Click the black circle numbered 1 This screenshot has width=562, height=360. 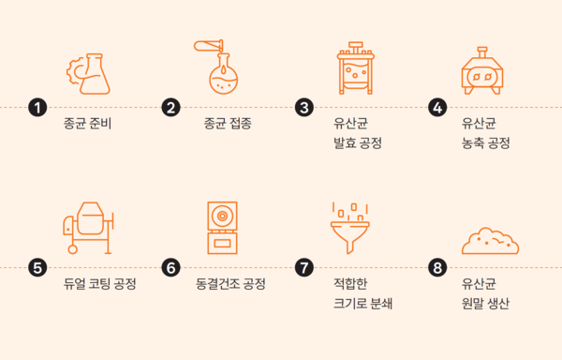click(37, 107)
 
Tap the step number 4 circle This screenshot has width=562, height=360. click(437, 107)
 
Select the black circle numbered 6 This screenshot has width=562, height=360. click(171, 267)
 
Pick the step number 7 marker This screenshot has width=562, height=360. click(304, 267)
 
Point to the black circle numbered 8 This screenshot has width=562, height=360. click(437, 267)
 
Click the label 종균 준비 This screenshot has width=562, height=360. click(87, 124)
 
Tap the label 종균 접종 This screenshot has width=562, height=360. click(228, 124)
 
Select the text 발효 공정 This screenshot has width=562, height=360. click(358, 143)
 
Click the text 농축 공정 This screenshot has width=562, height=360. click(485, 143)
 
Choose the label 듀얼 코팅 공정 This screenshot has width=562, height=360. click(99, 284)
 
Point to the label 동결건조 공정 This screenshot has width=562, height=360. click(230, 284)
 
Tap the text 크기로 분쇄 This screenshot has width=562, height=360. click(362, 304)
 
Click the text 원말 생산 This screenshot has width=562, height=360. click(485, 304)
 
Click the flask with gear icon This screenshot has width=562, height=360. click(88, 74)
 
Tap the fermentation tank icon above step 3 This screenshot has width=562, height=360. click(356, 68)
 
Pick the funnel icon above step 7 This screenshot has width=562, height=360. click(349, 237)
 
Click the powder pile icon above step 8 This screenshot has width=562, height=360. click(490, 241)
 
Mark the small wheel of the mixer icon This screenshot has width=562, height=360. click(73, 249)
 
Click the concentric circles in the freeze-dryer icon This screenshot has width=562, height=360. click(222, 216)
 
